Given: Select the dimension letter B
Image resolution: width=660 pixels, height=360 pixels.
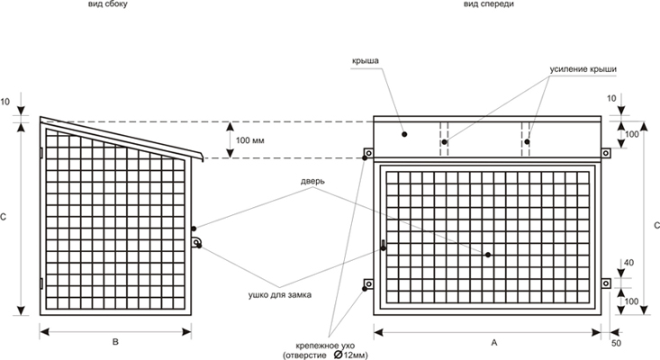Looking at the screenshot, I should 114,342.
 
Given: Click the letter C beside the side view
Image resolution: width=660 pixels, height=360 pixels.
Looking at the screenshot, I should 5,216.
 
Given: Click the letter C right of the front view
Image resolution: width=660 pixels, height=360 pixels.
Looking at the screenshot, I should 655,225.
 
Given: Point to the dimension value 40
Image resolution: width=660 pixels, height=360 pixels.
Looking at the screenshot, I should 628,263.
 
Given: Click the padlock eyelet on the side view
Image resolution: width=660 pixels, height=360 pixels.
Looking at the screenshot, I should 197,242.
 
